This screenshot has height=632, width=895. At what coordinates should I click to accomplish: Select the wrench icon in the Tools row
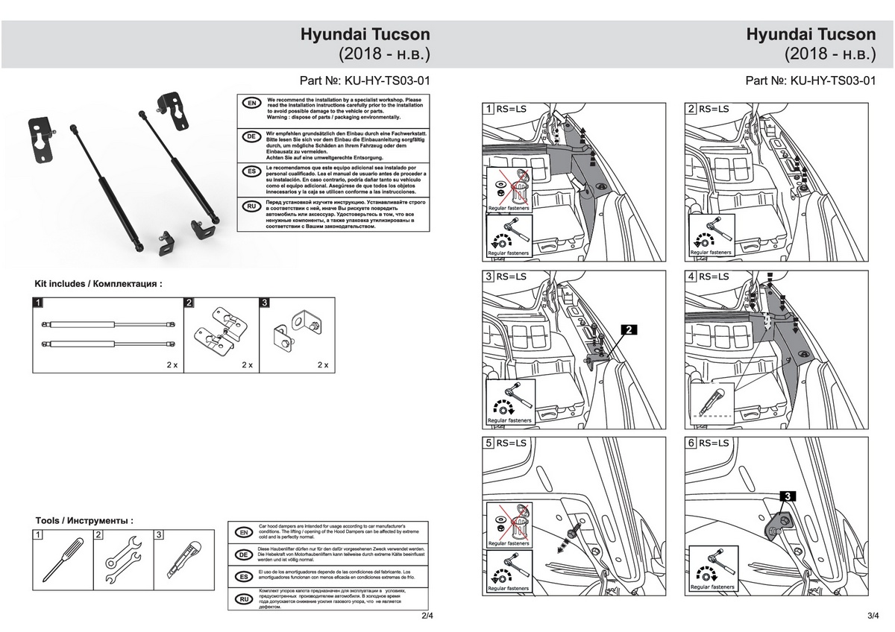pos(122,559)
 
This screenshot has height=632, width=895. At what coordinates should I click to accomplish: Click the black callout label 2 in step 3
pos(629,329)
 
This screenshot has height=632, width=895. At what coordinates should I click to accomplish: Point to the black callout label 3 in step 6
pos(789,495)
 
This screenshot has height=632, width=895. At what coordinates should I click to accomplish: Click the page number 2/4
pos(427,617)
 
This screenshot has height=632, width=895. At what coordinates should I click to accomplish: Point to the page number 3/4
pos(873,617)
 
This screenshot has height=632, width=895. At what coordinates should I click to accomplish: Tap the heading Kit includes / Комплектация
pos(98,284)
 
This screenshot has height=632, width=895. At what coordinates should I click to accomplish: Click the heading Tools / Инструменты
pos(84,519)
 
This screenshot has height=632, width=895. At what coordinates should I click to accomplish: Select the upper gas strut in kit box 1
pos(109,323)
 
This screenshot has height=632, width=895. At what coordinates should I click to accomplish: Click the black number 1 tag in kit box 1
pos(38,303)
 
